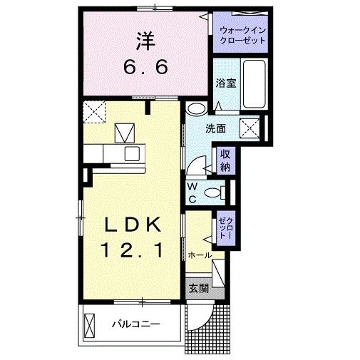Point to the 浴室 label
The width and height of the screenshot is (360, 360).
[x=226, y=83]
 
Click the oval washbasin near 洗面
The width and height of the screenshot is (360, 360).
[x=196, y=109]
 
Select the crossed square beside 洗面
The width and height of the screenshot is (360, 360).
[x=250, y=129]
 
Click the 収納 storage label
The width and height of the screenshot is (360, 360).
[x=225, y=160]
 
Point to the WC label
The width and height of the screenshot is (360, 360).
[x=192, y=192]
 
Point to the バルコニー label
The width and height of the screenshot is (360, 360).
[x=135, y=324]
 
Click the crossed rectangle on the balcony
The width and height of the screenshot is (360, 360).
[x=90, y=325]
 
